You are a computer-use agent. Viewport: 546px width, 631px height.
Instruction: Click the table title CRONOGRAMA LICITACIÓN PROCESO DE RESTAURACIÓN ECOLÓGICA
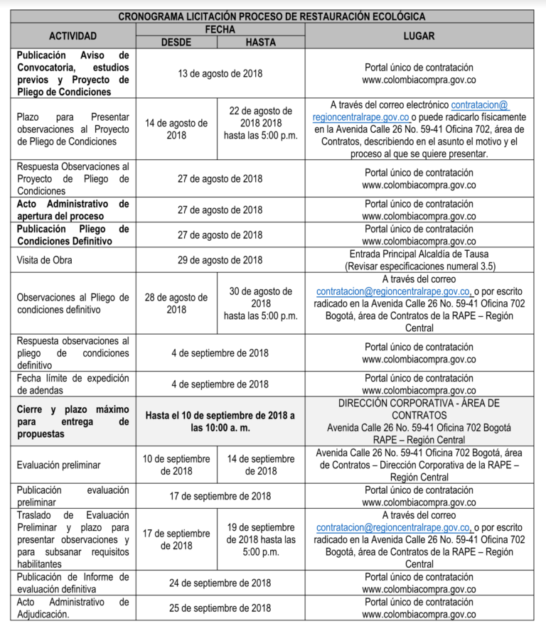pos(272,16)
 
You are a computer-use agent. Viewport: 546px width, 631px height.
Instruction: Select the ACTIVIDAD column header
pos(73,36)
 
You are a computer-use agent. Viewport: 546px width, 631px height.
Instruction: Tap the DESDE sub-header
pos(176,42)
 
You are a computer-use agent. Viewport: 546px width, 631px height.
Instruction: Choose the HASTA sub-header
pos(260,42)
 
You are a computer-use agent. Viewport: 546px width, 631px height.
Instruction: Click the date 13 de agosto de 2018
pos(220,72)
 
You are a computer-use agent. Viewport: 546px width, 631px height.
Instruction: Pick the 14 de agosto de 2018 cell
pos(176,129)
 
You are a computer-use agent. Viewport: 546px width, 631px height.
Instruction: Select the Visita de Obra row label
pos(44,260)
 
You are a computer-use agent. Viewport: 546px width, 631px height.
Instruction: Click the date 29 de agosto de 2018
pos(220,260)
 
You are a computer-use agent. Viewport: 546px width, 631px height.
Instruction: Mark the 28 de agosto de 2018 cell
pos(176,303)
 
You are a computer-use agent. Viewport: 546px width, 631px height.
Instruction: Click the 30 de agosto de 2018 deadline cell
pos(260,303)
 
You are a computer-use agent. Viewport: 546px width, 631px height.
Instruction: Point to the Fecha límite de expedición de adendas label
pos(73,384)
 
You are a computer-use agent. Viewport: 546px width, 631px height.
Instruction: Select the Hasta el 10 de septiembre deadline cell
pos(220,421)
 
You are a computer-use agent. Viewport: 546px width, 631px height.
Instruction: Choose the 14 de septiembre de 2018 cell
pos(260,465)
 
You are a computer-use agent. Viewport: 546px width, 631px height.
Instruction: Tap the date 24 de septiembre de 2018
pos(220,583)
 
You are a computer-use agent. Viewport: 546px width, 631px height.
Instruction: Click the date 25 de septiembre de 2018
pos(220,608)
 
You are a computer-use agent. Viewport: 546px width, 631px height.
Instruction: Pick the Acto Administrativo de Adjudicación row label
pos(73,608)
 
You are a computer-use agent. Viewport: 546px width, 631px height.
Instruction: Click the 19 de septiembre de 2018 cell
pos(260,539)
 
